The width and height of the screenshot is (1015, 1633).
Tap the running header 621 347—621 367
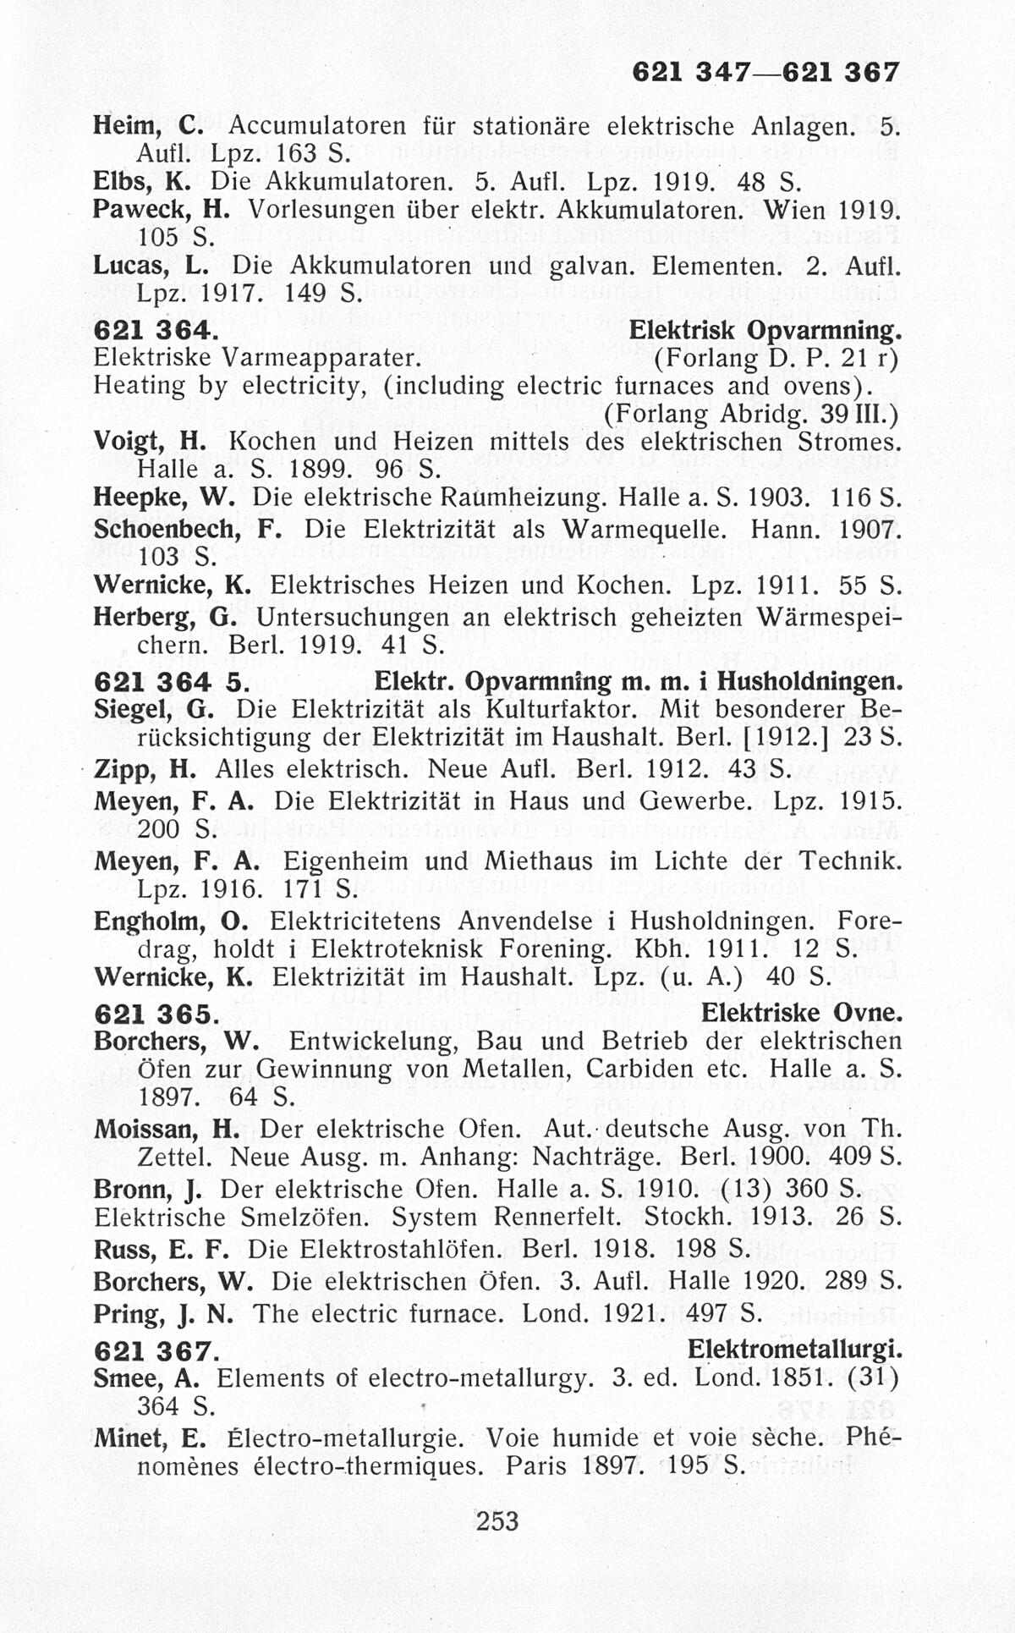[765, 74]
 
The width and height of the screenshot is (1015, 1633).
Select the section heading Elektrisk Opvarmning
[764, 330]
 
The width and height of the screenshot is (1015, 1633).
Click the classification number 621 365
[157, 1013]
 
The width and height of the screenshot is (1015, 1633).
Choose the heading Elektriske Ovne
[801, 1013]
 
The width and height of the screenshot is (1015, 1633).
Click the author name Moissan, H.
[167, 1129]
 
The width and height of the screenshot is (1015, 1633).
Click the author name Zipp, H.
[144, 771]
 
